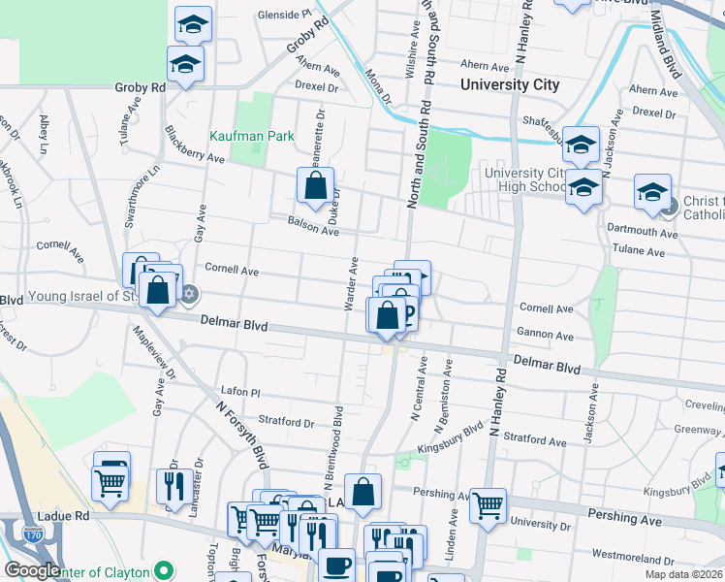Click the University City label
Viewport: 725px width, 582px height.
(x=510, y=84)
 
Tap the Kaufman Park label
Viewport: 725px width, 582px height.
(x=252, y=137)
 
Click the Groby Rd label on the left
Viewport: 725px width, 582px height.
(x=141, y=87)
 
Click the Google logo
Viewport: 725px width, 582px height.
(x=32, y=570)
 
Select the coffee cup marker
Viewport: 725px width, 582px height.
(x=336, y=565)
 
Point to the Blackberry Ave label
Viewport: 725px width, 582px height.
(x=194, y=144)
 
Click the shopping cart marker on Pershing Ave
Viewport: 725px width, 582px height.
(x=488, y=504)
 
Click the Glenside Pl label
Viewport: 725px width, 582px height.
(x=285, y=16)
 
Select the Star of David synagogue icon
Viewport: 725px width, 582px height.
(x=190, y=294)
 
